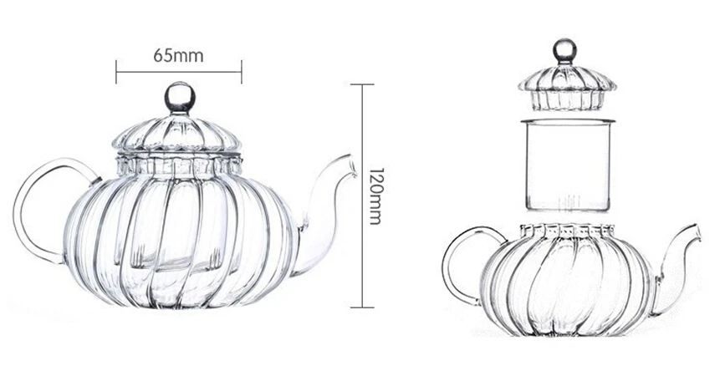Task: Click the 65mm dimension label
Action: [x=179, y=55]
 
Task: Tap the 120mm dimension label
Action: [x=375, y=196]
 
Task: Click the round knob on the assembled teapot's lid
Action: [x=180, y=98]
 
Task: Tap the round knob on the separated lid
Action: [x=564, y=49]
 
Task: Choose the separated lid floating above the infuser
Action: [x=568, y=87]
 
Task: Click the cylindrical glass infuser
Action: [x=568, y=165]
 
